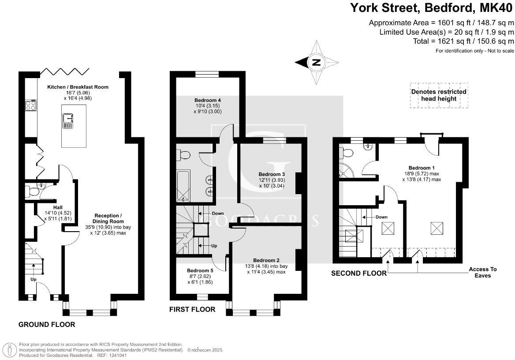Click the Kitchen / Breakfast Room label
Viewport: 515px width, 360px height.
[78, 87]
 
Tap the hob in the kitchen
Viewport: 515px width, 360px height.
[30, 105]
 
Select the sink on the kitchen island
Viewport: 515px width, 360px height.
[68, 120]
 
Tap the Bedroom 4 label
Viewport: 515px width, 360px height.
[208, 100]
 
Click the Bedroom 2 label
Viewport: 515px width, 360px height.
[266, 260]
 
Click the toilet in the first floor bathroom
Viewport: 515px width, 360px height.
[183, 154]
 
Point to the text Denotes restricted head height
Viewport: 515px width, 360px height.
[439, 95]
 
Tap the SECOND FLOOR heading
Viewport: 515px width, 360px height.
[358, 274]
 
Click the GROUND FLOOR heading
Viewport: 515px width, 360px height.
[47, 325]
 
